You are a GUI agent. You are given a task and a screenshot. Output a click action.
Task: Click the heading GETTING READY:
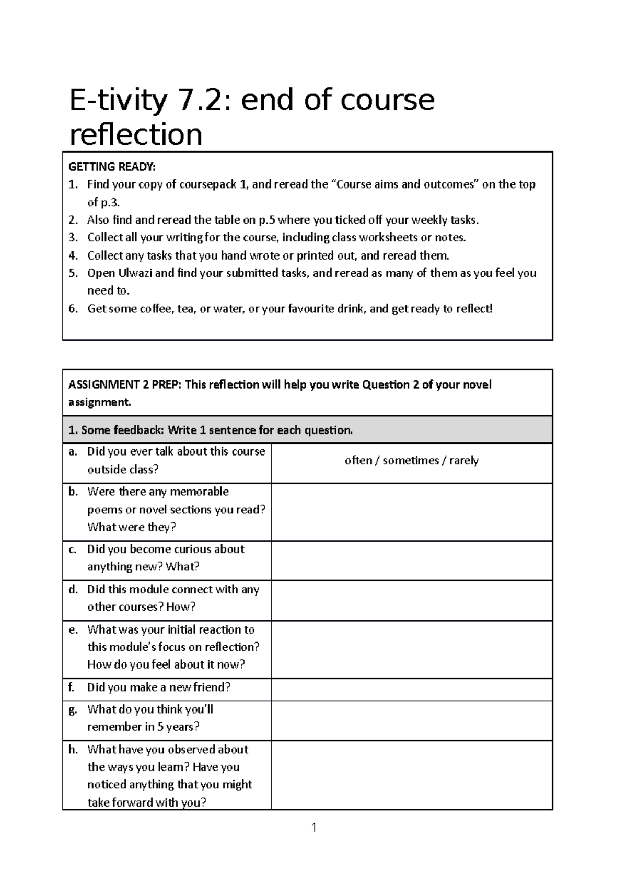pyautogui.click(x=112, y=167)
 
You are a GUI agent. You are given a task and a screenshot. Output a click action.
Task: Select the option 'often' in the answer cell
pyautogui.click(x=358, y=461)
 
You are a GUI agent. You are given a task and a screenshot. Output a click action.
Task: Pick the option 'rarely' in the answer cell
pyautogui.click(x=463, y=461)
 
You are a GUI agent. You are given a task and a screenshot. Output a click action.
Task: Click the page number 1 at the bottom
pyautogui.click(x=313, y=828)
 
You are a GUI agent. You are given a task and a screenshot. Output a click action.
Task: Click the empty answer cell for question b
pyautogui.click(x=412, y=512)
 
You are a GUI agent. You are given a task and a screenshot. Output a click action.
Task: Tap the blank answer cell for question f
pyautogui.click(x=412, y=690)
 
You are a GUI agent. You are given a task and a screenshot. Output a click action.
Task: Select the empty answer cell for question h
pyautogui.click(x=412, y=775)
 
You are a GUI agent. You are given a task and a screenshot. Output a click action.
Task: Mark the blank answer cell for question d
pyautogui.click(x=412, y=601)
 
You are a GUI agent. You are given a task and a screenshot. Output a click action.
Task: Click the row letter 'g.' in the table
pyautogui.click(x=73, y=709)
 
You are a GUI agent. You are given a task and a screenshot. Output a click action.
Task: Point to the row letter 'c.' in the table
pyautogui.click(x=72, y=550)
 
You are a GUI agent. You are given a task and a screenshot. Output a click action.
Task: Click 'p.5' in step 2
pyautogui.click(x=267, y=220)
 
